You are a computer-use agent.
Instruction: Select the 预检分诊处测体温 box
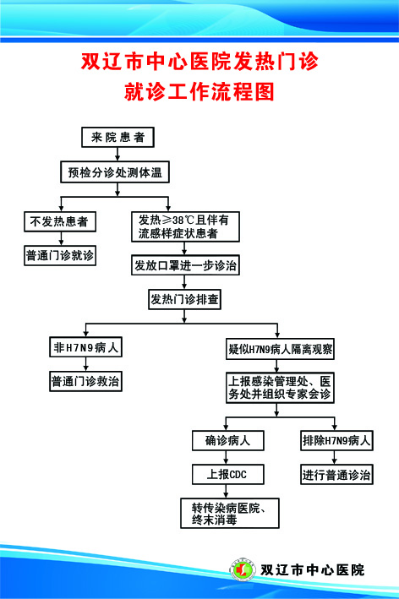pyautogui.click(x=116, y=173)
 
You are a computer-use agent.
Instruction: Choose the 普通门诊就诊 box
pyautogui.click(x=59, y=254)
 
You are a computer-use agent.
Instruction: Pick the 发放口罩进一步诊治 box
pyautogui.click(x=186, y=265)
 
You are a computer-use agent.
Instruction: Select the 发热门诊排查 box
pyautogui.click(x=185, y=299)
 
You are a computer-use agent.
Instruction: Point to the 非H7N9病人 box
pyautogui.click(x=85, y=347)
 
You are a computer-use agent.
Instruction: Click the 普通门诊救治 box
pyautogui.click(x=85, y=381)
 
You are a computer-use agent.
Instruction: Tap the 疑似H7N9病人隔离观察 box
pyautogui.click(x=279, y=348)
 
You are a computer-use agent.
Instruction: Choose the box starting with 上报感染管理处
pyautogui.click(x=279, y=387)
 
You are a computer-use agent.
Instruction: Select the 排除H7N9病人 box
pyautogui.click(x=336, y=440)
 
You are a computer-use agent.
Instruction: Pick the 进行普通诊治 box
pyautogui.click(x=336, y=475)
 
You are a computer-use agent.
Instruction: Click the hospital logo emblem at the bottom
pyautogui.click(x=242, y=569)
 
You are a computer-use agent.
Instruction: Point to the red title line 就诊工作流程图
pyautogui.click(x=199, y=91)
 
